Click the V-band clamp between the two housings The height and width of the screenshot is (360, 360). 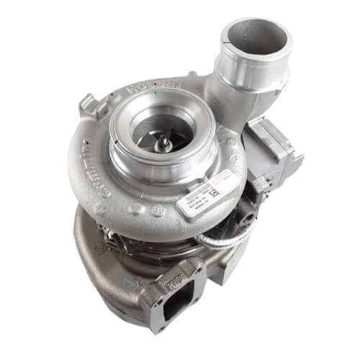point(144,238)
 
